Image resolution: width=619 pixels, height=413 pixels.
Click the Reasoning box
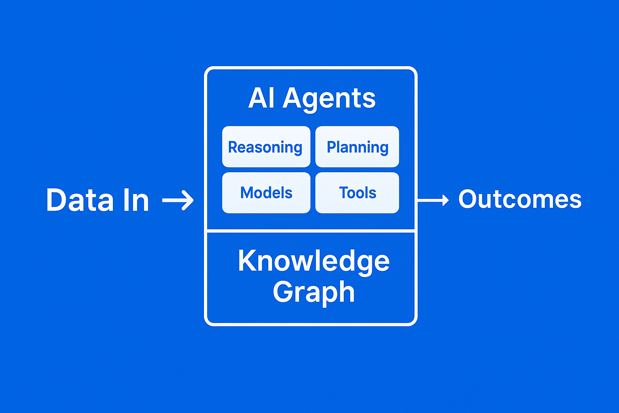point(266,147)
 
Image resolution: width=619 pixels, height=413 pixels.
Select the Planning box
point(357,147)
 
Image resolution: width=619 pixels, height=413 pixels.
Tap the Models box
point(266,193)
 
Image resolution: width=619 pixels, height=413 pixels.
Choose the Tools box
point(357,193)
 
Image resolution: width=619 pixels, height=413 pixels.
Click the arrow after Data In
point(178,200)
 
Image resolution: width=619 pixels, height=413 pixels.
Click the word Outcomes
point(520,199)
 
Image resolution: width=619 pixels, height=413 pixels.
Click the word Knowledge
point(314,261)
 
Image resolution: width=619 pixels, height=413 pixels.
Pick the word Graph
point(314,292)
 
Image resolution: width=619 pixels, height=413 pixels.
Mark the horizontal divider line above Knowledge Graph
point(311,231)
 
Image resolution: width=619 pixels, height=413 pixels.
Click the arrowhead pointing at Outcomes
point(446,200)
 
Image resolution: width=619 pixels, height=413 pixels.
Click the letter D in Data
point(56,200)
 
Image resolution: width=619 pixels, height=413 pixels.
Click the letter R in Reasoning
point(233,147)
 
